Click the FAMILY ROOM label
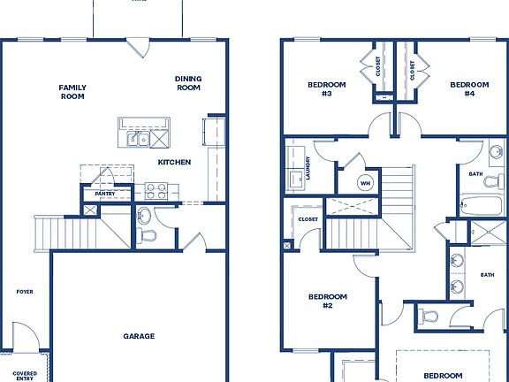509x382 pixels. tap(72, 92)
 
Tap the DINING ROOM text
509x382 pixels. tap(188, 83)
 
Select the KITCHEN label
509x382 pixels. tap(175, 163)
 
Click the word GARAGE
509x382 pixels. tap(139, 336)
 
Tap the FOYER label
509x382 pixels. tap(25, 291)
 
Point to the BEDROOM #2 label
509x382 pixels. tap(327, 301)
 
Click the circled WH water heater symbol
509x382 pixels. tap(365, 183)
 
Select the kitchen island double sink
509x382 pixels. tap(137, 139)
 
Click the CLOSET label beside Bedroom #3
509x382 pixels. tap(378, 67)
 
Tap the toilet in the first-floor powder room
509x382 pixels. tap(145, 233)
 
